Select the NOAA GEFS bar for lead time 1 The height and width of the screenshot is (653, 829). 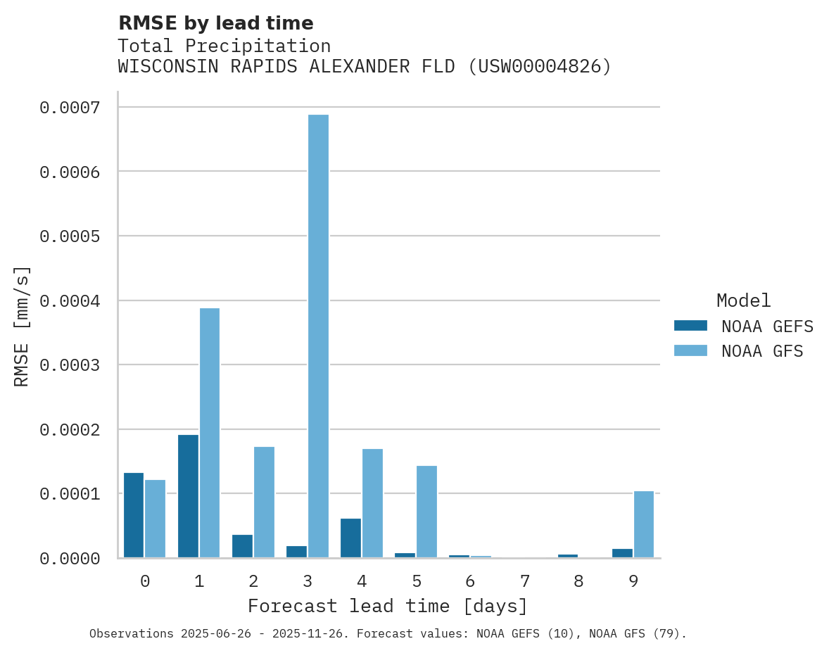(188, 496)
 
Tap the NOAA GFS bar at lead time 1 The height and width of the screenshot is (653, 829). (210, 433)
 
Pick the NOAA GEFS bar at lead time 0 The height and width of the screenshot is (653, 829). (134, 515)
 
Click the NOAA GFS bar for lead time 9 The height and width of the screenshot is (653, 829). (644, 524)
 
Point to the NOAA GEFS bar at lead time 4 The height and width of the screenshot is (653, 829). (350, 538)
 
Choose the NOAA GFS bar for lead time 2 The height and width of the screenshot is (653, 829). (264, 502)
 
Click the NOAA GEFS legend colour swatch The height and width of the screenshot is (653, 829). (690, 326)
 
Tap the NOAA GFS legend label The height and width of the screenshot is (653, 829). (762, 351)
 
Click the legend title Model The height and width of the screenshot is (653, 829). (744, 300)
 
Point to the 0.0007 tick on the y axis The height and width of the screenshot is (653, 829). (70, 108)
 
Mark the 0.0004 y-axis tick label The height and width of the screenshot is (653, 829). (70, 301)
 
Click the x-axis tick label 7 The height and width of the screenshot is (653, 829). (524, 581)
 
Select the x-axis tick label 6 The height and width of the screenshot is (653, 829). (470, 581)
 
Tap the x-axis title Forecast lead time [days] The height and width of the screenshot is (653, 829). (388, 606)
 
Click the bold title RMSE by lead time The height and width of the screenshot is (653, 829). (215, 23)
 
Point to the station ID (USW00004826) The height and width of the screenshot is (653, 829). (540, 67)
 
